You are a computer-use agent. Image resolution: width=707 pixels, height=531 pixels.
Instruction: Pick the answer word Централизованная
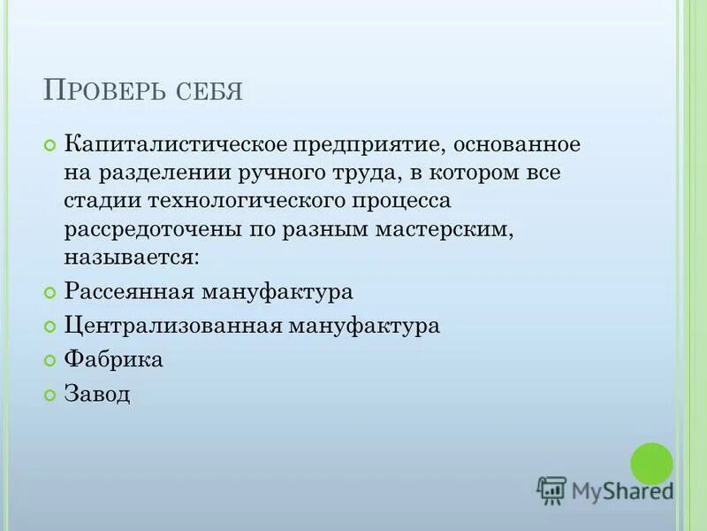[172, 326]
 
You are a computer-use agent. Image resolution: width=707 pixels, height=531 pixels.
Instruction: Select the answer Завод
[97, 393]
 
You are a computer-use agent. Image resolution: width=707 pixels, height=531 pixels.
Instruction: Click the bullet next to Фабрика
[49, 360]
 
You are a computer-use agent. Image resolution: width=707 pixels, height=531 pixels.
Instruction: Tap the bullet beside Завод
[49, 394]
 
